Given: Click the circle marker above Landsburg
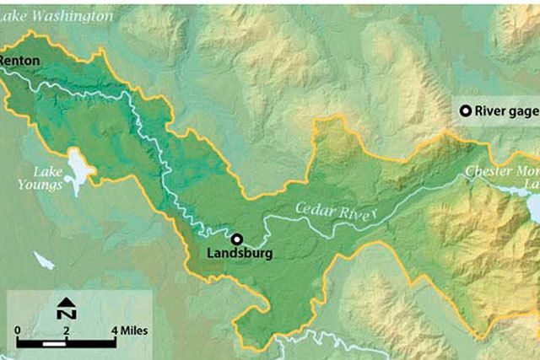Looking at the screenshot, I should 238,239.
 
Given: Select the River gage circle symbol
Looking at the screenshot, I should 464,110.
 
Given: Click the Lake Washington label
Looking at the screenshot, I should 57,16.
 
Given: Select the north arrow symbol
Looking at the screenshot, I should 64,302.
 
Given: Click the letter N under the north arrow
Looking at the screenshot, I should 64,314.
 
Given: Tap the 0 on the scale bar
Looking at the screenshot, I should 18,329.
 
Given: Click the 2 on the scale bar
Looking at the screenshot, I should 66,329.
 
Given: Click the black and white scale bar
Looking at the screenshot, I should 66,343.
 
